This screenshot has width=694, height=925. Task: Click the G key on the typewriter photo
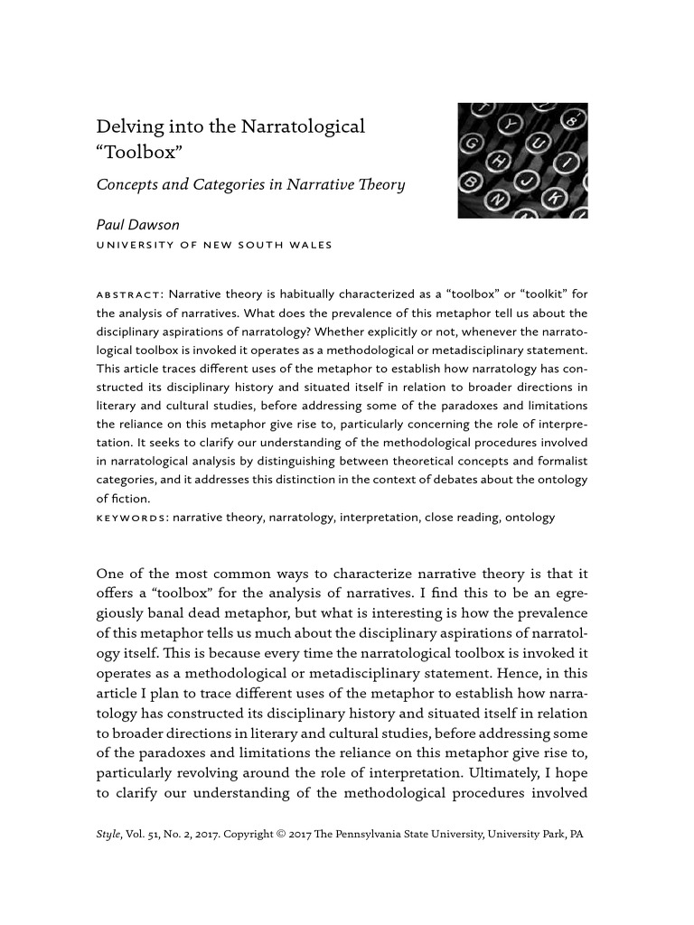pyautogui.click(x=472, y=144)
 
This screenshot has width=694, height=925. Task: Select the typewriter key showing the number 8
pyautogui.click(x=573, y=119)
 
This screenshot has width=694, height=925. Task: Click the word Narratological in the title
pyautogui.click(x=303, y=126)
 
